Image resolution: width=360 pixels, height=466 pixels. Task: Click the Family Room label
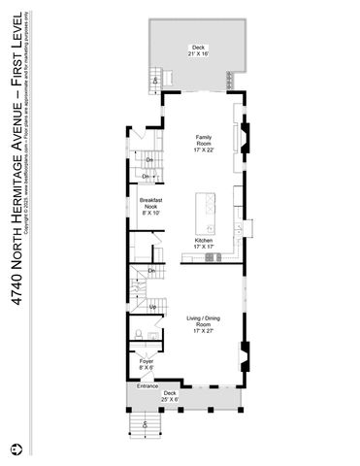pyautogui.click(x=204, y=142)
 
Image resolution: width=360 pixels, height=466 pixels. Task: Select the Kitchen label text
pyautogui.click(x=204, y=240)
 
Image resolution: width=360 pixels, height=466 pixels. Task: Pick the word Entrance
pyautogui.click(x=147, y=386)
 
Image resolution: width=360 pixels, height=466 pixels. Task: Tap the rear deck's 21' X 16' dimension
pyautogui.click(x=199, y=54)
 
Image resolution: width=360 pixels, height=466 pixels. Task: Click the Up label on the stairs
pyautogui.click(x=152, y=307)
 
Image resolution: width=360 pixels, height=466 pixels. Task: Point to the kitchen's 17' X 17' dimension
pyautogui.click(x=204, y=247)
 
